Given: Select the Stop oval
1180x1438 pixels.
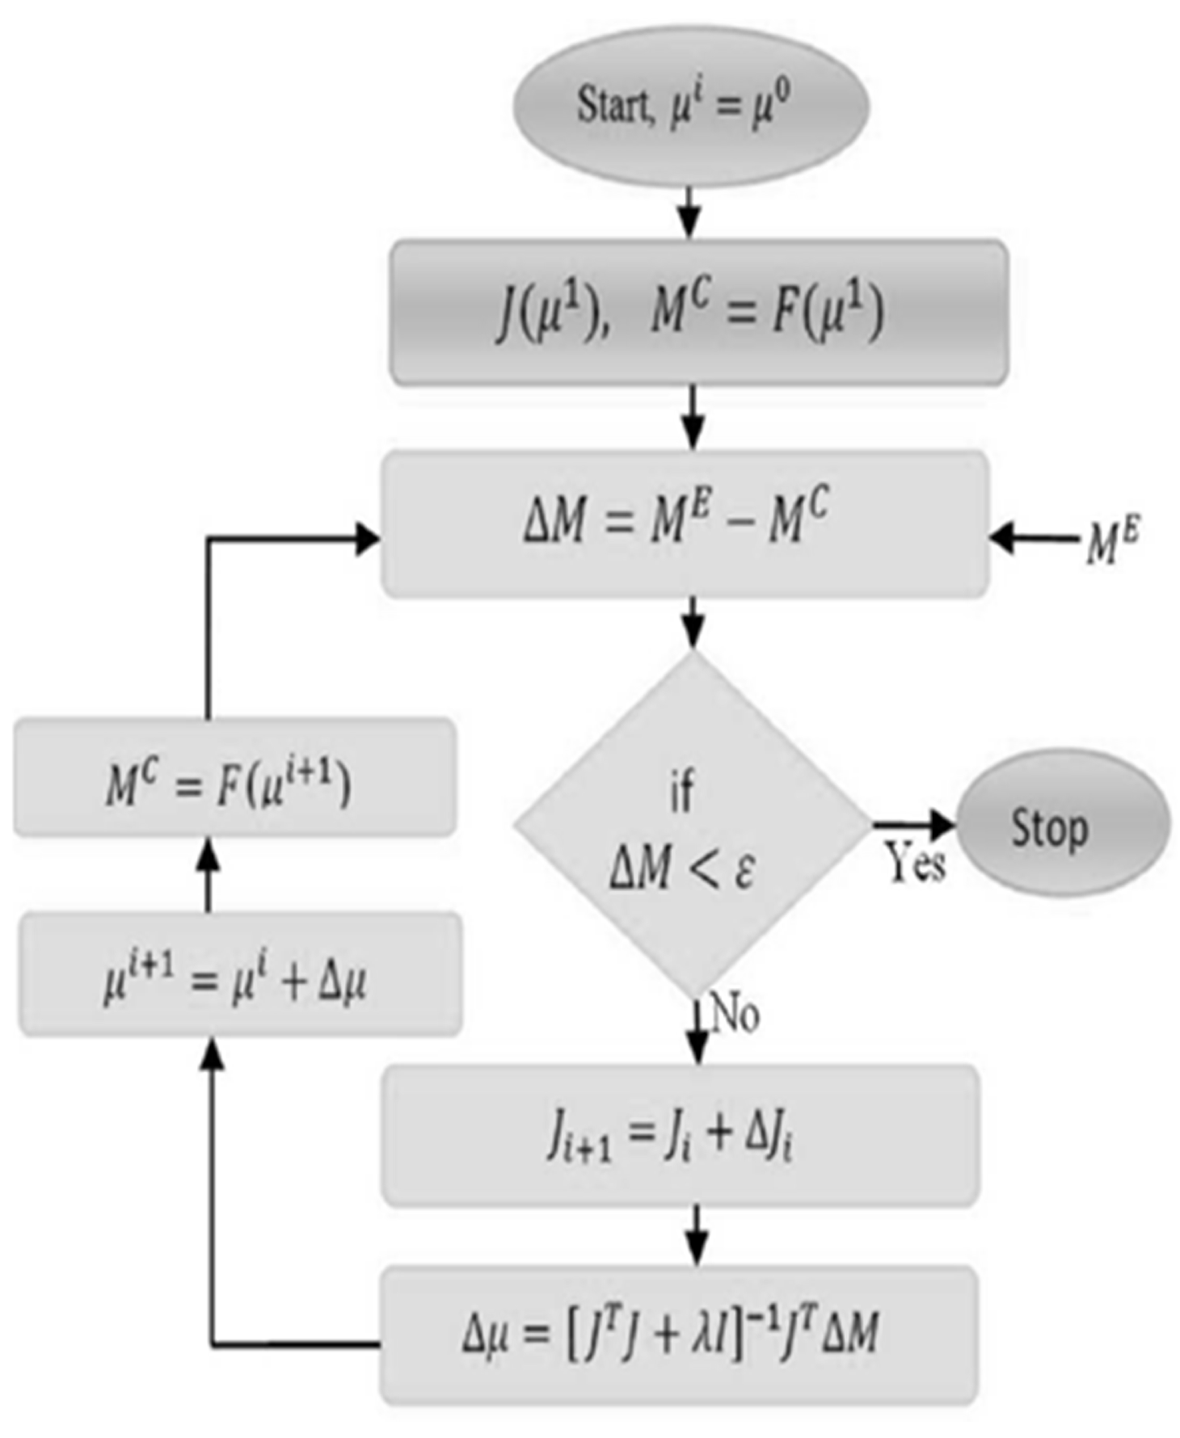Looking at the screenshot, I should click(1062, 824).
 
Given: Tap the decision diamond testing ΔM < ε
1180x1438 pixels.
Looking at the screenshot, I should click(691, 824).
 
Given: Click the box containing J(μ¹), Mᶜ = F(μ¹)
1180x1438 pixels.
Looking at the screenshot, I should click(698, 313).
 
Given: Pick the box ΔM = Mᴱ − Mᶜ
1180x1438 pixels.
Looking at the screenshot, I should click(685, 523).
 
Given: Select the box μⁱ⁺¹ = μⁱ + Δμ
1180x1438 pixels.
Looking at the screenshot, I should click(240, 974).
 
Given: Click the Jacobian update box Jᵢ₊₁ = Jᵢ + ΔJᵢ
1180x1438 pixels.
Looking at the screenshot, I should click(680, 1135).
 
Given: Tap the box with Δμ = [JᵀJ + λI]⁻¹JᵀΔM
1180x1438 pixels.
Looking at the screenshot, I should click(678, 1334).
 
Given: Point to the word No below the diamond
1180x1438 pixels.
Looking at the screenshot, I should click(735, 1013).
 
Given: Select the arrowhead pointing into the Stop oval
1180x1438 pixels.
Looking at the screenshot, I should click(941, 824).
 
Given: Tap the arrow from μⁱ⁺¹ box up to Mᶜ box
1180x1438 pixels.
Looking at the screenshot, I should click(209, 876).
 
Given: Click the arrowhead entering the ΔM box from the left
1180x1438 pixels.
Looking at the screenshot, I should click(367, 538).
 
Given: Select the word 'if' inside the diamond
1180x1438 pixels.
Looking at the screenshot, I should click(682, 792).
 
